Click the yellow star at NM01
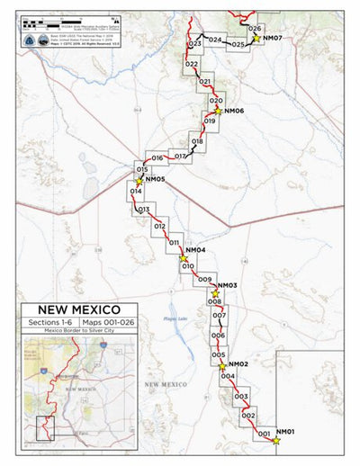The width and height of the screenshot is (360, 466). [275, 440]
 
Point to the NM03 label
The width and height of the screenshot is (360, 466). [227, 285]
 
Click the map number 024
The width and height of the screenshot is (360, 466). [214, 40]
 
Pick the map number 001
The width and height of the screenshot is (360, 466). [265, 435]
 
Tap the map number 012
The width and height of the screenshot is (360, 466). [159, 227]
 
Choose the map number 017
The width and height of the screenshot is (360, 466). [180, 157]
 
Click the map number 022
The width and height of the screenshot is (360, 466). [191, 65]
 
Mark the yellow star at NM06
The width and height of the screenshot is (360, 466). [217, 112]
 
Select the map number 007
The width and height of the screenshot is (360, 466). [219, 316]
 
